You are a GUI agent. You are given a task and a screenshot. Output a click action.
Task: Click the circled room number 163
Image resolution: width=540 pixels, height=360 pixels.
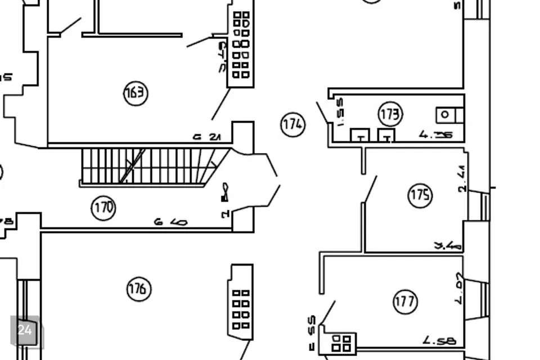point(136,93)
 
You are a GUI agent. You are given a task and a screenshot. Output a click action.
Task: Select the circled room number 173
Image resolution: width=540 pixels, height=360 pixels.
point(390,114)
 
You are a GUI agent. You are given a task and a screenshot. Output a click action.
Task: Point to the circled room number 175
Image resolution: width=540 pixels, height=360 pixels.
point(420,195)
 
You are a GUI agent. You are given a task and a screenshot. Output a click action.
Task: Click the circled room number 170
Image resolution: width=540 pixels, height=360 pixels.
point(103,208)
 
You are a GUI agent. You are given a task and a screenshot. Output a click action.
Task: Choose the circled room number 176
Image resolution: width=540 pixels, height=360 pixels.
point(138,289)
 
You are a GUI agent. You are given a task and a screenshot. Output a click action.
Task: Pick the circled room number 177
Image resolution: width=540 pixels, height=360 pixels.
point(405,301)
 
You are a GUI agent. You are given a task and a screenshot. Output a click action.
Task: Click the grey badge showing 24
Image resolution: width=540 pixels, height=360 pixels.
point(25,330)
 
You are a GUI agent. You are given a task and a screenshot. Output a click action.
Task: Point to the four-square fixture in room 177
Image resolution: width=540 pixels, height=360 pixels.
point(341,343)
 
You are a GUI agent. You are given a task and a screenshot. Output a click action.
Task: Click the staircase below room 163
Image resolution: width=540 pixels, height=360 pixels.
point(149,166)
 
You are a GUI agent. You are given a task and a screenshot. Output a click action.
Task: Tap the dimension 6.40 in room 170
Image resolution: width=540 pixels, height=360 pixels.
point(170,222)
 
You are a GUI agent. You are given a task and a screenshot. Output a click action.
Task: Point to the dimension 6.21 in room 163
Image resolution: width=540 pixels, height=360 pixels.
point(207,137)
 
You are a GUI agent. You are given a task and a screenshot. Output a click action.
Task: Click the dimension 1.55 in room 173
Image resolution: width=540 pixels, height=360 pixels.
point(339,112)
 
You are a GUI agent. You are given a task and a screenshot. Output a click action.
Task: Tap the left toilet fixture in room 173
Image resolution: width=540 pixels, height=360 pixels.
point(360,136)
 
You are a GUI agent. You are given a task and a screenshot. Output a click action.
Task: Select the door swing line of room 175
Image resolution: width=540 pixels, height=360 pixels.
point(371,188)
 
